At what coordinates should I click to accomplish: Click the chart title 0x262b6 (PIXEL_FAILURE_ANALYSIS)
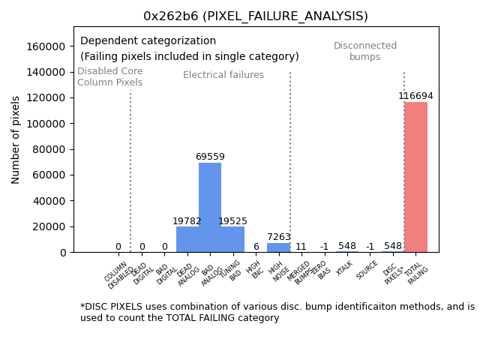point(256,16)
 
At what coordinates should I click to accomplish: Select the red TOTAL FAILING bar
point(415,177)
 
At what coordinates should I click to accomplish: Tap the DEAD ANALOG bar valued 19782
point(187,239)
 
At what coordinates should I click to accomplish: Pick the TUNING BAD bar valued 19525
point(232,239)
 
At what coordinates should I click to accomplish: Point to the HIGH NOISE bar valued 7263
point(278,247)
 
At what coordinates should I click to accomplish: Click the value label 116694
point(415,96)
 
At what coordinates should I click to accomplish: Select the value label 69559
point(210,157)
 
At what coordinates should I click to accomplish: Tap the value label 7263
point(278,237)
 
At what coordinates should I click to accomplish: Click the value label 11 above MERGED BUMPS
point(301,247)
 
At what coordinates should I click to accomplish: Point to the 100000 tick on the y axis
point(44,124)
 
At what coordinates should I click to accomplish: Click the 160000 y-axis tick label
point(44,46)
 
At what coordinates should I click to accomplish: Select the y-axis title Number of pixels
point(16,139)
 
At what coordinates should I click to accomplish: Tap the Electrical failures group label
point(223,75)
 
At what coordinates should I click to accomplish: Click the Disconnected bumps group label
point(365,51)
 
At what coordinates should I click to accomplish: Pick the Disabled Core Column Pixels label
point(109,76)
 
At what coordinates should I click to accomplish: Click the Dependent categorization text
point(148,41)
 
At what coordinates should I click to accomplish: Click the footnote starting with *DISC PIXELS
point(277,312)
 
